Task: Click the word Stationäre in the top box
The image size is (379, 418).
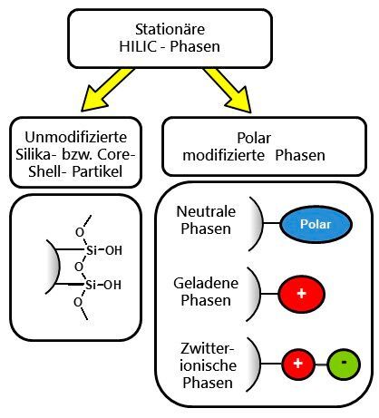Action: click(170, 29)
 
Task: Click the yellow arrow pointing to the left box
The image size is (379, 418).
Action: click(107, 90)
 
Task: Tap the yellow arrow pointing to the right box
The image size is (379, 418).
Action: click(228, 91)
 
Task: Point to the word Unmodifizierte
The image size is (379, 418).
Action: click(75, 137)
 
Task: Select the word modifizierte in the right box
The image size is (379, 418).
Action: click(224, 155)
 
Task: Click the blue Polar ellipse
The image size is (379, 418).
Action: click(316, 224)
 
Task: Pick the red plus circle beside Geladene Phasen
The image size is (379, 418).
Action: click(301, 294)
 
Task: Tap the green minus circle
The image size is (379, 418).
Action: click(344, 365)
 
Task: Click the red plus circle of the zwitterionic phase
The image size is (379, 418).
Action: click(298, 364)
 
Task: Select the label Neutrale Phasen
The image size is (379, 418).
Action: click(206, 219)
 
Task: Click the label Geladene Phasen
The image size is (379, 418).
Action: click(206, 291)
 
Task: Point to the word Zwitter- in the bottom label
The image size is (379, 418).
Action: click(208, 348)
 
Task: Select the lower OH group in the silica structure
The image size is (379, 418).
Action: click(112, 285)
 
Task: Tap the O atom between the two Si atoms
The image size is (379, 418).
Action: click(79, 267)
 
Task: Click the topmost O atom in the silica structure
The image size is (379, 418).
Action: click(80, 232)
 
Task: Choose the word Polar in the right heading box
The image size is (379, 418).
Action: click(254, 138)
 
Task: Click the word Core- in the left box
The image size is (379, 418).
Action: click(116, 154)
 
